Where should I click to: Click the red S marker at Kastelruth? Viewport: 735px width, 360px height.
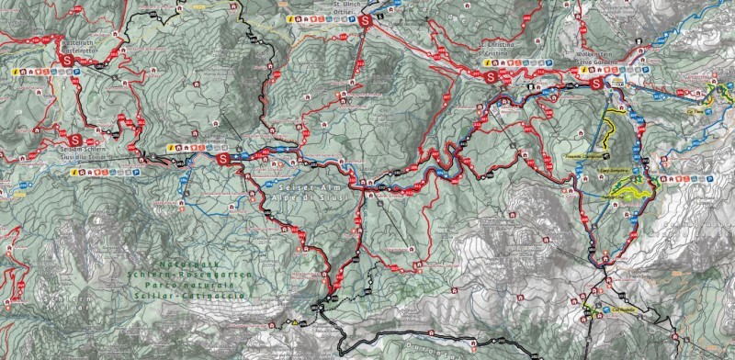point(67,60)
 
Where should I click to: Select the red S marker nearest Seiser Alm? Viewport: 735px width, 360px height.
point(224,158)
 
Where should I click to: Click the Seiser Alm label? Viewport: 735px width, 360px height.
point(296,185)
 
